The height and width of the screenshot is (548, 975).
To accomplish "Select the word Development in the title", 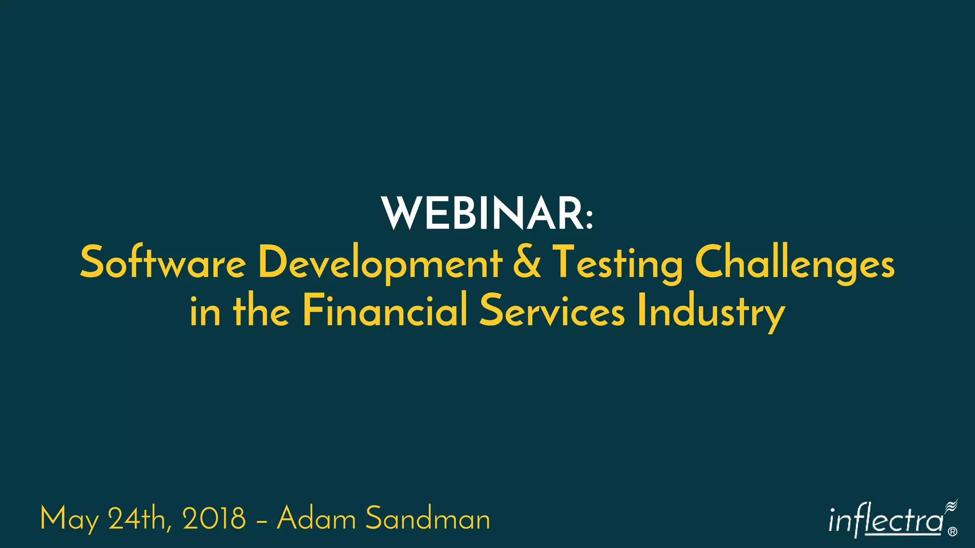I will tap(380, 263).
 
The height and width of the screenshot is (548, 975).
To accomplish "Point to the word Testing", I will tap(617, 263).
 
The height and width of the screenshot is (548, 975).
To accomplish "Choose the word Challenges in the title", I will tap(795, 263).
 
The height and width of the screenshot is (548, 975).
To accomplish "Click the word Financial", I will tap(385, 311).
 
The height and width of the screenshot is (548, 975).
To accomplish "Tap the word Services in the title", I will tap(552, 311).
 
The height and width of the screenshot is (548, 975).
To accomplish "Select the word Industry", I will tap(711, 312).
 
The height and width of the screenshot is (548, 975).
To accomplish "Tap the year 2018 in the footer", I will tap(214, 519).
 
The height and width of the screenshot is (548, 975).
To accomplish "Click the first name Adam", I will tap(316, 519).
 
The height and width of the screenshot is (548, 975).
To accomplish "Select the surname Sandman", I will tap(428, 519).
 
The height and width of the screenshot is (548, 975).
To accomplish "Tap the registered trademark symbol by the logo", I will tap(953, 532).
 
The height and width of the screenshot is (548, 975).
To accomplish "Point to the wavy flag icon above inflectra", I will tap(951, 506).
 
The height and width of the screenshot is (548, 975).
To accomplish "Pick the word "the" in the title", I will tap(261, 311).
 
